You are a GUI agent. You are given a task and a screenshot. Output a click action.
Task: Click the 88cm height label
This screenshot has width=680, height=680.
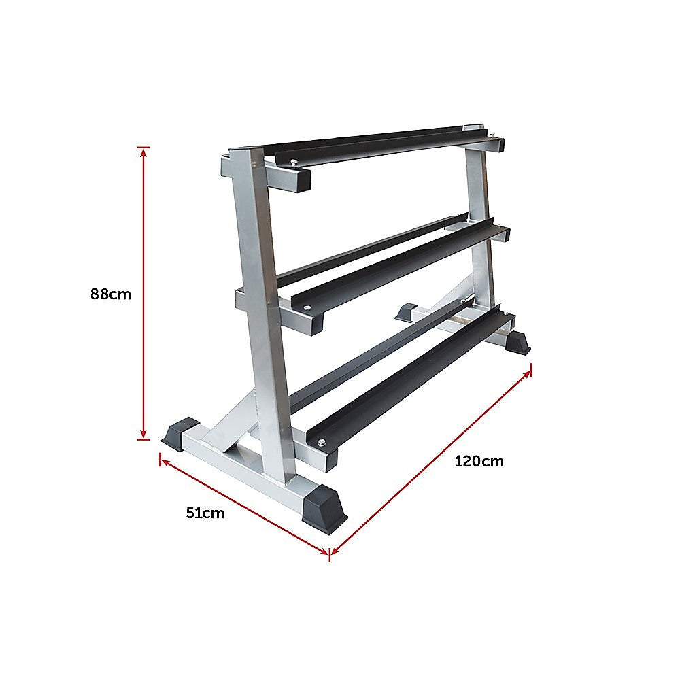coord(110,294)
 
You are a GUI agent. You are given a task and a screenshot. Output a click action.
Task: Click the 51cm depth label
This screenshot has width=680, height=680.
coord(205,513)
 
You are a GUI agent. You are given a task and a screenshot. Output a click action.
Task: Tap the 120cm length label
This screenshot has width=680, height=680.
coord(479,461)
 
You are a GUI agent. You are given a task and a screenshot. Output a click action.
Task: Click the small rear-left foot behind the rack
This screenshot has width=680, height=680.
coord(406,312)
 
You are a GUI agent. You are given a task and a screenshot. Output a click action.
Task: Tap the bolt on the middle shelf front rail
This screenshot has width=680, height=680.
coord(307,309)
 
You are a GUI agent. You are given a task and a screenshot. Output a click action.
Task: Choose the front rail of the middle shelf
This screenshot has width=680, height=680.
coord(401,265)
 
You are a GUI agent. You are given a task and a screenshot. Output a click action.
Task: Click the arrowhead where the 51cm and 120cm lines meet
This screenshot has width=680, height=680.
coord(330,553)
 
